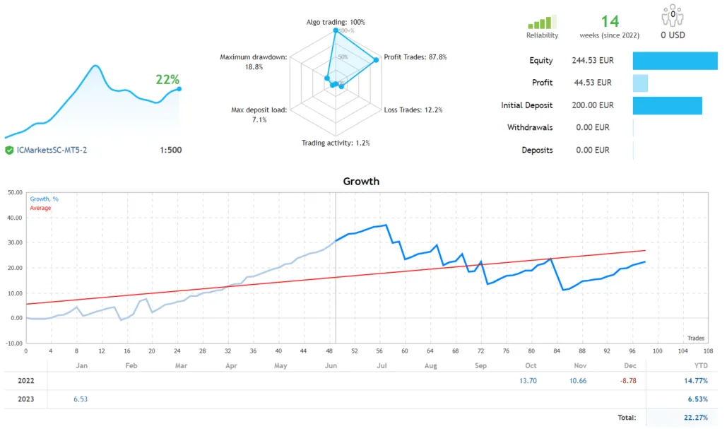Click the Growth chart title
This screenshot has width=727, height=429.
[361, 182]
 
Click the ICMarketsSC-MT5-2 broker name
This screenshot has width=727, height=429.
[51, 150]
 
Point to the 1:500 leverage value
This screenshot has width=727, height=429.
[170, 150]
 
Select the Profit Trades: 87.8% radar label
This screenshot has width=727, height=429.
[415, 57]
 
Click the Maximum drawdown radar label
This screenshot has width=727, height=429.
[253, 61]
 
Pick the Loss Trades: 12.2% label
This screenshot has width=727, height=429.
[413, 110]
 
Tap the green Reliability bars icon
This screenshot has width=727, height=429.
[542, 22]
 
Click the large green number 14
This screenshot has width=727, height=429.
[610, 22]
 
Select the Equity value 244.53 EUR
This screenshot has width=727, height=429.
[591, 61]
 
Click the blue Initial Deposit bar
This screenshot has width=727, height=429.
[667, 105]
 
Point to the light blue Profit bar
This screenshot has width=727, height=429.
[640, 83]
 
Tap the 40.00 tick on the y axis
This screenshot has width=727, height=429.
[13, 218]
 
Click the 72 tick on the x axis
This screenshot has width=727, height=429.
[480, 351]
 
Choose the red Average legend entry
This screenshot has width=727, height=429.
[40, 208]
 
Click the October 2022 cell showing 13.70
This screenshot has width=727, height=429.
[528, 381]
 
